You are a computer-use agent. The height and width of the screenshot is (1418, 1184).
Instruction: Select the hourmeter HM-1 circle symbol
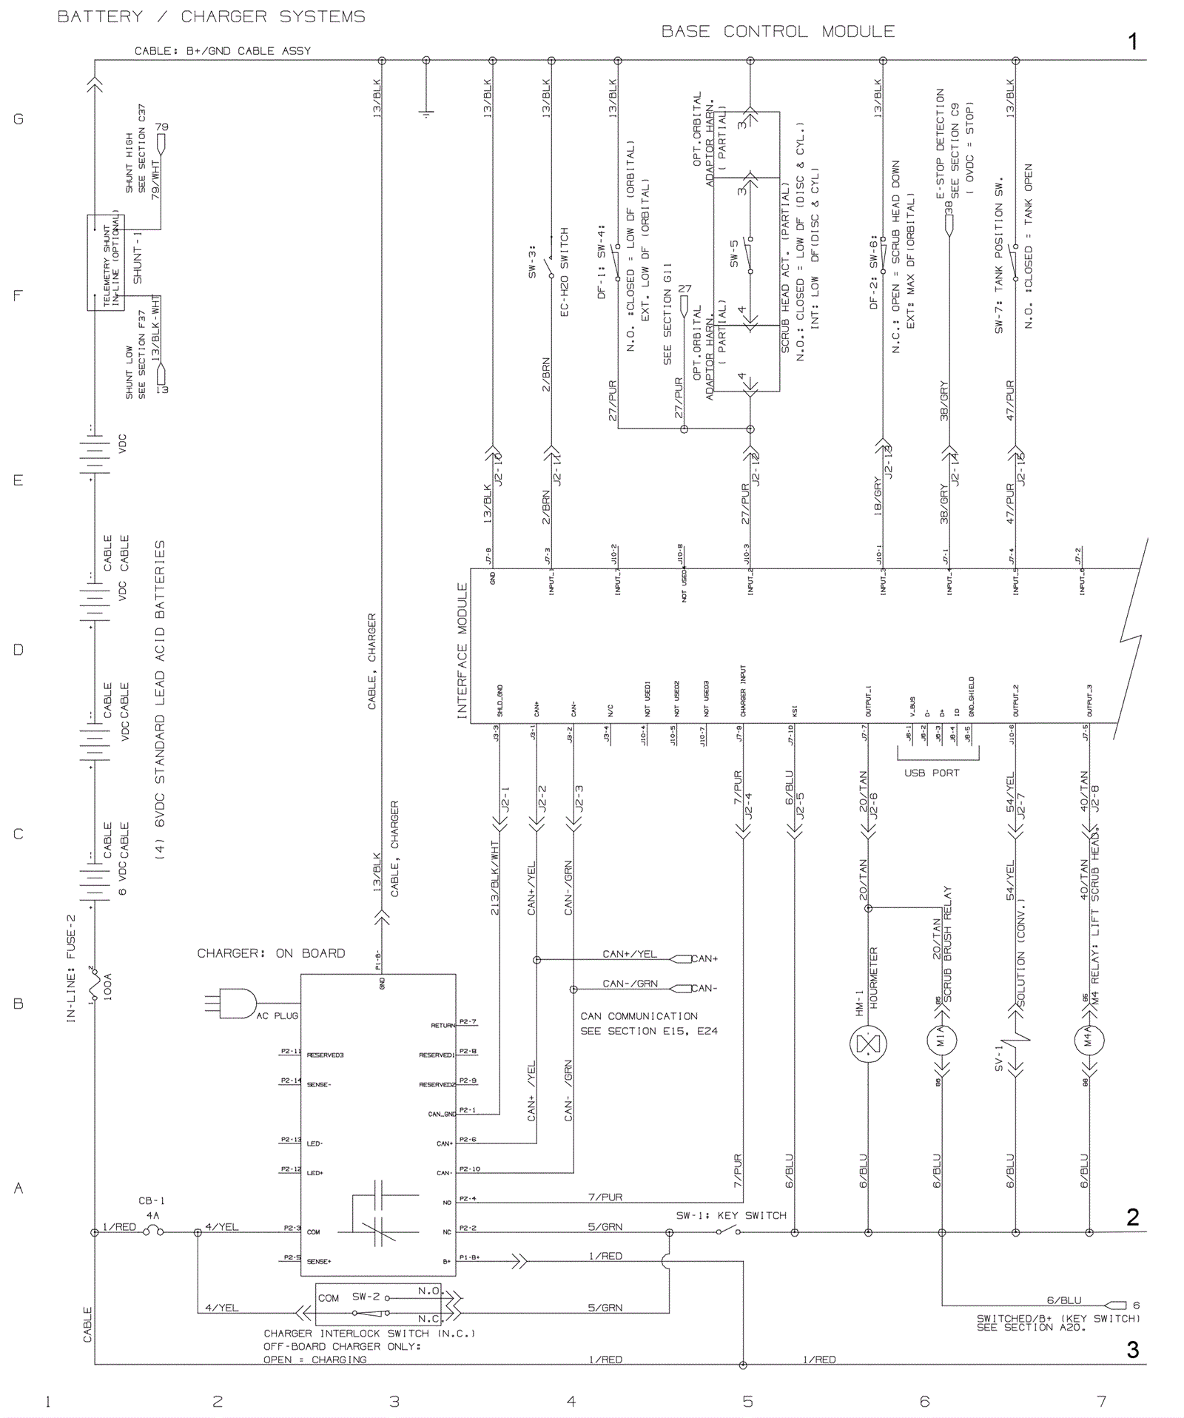868,1044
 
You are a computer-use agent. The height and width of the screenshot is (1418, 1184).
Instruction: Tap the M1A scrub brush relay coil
942,1040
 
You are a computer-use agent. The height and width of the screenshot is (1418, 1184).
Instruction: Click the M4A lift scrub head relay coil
1089,1040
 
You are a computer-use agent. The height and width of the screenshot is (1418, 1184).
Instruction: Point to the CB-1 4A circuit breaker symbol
153,1231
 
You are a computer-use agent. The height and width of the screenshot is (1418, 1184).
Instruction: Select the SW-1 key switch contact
728,1231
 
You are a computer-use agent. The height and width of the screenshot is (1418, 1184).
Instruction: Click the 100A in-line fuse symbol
94,984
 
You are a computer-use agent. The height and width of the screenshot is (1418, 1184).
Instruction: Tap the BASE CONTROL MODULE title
778,32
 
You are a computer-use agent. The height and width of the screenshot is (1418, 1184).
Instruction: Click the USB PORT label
931,773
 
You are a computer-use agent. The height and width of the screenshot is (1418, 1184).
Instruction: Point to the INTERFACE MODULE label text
462,651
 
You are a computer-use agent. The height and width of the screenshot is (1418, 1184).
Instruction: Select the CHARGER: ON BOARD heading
271,953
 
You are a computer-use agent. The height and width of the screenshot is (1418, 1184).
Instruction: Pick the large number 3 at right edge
1132,1349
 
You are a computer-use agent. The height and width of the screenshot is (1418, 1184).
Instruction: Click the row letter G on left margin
18,119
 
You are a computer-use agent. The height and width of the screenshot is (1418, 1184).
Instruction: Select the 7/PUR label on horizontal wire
605,1197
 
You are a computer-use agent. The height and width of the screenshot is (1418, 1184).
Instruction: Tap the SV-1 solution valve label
998,1058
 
